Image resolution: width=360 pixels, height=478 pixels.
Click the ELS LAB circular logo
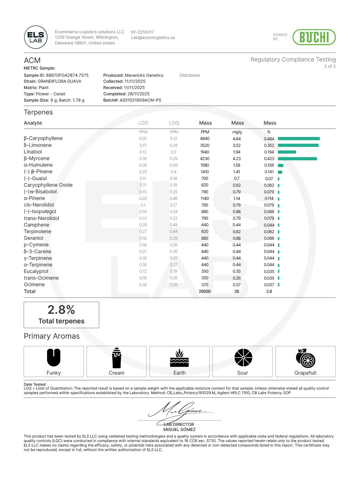[x=36, y=37]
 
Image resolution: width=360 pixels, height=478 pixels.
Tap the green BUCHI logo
[x=314, y=37]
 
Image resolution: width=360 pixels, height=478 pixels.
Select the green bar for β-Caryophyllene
[x=299, y=139]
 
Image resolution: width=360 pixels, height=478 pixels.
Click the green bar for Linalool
[x=287, y=152]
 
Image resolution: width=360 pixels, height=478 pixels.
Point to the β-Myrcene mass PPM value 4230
[x=205, y=159]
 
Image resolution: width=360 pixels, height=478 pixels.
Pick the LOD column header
[x=143, y=123]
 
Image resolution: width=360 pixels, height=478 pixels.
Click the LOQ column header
[x=174, y=123]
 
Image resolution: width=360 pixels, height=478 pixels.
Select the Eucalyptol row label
[x=36, y=271]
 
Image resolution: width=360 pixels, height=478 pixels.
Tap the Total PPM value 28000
[x=205, y=291]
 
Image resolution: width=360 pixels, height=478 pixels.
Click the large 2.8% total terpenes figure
[x=61, y=310]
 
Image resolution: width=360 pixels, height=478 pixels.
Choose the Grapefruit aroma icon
[x=305, y=358]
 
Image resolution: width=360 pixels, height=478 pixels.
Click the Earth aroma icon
[x=180, y=358]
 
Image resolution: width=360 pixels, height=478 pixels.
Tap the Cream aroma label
[x=117, y=373]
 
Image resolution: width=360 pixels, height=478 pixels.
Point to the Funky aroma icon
[x=54, y=358]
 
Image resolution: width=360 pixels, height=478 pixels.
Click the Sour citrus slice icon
[x=243, y=358]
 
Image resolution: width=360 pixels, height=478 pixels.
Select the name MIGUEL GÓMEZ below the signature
[x=179, y=429]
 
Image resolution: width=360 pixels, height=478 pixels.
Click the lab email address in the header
[x=153, y=38]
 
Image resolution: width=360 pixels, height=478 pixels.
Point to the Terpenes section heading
[x=38, y=112]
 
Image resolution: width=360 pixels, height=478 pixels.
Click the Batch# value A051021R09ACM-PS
[x=140, y=100]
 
